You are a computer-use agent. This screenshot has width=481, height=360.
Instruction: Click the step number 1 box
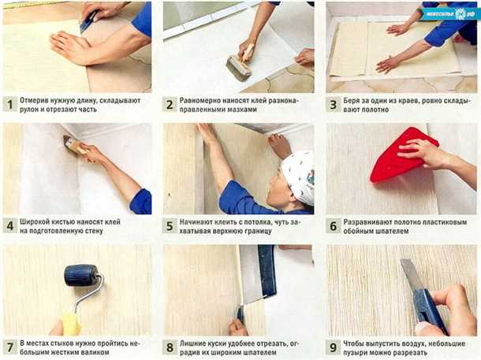coord(9,105)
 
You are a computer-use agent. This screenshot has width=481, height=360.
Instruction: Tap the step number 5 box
coord(170,226)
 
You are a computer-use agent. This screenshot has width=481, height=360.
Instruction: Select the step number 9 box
coord(333,347)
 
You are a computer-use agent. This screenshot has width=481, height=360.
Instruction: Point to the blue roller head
coord(80,275)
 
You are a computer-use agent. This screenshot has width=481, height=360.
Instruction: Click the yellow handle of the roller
coord(71,323)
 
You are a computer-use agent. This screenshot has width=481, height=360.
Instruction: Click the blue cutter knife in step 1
coord(88,21)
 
